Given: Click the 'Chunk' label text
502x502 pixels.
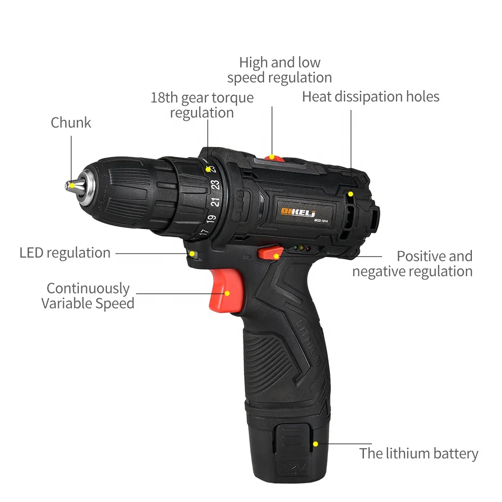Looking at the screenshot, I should click(x=71, y=122).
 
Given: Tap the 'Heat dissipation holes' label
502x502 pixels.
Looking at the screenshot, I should click(x=370, y=96).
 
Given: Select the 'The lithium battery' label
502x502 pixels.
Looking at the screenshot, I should click(x=419, y=454).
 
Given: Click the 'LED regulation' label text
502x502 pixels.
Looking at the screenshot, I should click(x=65, y=253).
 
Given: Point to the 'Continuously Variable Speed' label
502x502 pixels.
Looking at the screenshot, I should click(x=88, y=296).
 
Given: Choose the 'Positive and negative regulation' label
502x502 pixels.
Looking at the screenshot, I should click(x=413, y=264).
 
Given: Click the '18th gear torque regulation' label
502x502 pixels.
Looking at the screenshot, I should click(x=202, y=104).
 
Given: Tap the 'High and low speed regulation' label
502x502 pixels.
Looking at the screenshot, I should click(x=280, y=70).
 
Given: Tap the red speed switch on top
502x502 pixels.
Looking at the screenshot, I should click(x=272, y=158).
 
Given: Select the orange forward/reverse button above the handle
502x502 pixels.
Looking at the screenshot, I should click(x=270, y=252).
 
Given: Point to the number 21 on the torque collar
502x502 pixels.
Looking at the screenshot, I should click(x=214, y=202).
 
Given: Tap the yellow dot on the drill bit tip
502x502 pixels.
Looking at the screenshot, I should click(x=72, y=186).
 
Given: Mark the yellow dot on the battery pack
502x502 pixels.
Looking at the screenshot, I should click(x=315, y=444).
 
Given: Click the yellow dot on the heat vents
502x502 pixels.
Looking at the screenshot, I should click(x=351, y=194).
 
